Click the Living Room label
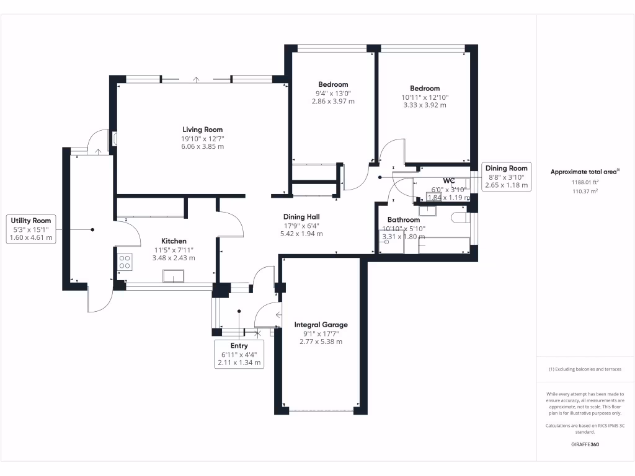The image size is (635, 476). [x=198, y=129]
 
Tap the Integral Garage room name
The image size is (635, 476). [x=321, y=325]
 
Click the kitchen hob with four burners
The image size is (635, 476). [x=124, y=262]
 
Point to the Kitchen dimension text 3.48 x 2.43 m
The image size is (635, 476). [x=174, y=258]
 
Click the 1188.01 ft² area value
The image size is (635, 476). [x=584, y=182]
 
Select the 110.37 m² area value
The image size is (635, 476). [x=584, y=192]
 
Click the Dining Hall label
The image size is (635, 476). [x=301, y=217]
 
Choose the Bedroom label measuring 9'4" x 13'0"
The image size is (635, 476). [x=333, y=84]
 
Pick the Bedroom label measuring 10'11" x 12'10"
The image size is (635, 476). [x=425, y=89]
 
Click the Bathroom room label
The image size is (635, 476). [x=404, y=220]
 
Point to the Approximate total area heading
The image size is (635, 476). [x=584, y=172]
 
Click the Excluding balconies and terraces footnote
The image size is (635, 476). [x=584, y=369]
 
